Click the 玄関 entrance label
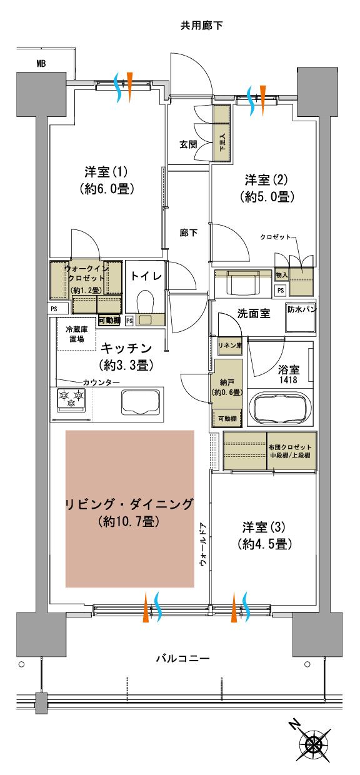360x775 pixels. pyautogui.click(x=189, y=144)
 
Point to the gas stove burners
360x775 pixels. pyautogui.click(x=71, y=399)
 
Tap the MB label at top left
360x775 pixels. pyautogui.click(x=41, y=63)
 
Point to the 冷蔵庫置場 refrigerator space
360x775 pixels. pyautogui.click(x=74, y=334)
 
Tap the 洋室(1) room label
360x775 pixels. pyautogui.click(x=107, y=179)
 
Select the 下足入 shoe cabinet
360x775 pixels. pyautogui.click(x=222, y=133)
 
